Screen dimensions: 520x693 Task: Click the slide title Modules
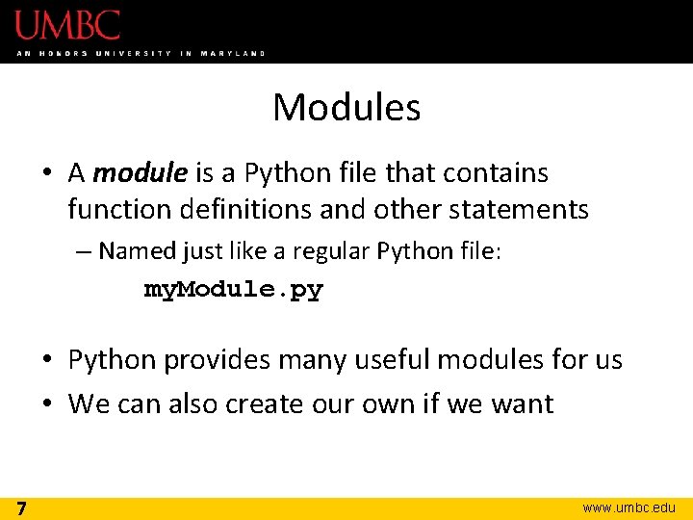(x=346, y=107)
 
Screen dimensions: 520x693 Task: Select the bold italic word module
(x=141, y=173)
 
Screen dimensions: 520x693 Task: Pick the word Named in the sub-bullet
(x=136, y=251)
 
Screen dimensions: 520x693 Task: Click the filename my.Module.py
(x=233, y=289)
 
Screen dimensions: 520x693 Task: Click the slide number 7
(x=20, y=507)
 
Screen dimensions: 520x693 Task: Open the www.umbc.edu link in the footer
(x=629, y=507)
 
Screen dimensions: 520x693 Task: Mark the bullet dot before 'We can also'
(x=47, y=404)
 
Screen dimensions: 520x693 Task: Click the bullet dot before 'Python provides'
(x=47, y=361)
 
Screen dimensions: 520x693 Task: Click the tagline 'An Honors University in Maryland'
(x=141, y=53)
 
